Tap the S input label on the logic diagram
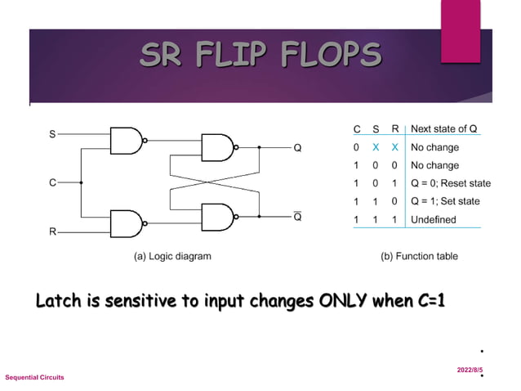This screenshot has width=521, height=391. click(52, 133)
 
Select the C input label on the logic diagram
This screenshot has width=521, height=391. click(52, 182)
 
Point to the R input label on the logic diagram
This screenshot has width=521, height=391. click(52, 232)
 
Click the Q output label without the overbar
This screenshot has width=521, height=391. click(298, 149)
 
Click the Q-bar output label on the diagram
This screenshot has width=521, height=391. click(298, 218)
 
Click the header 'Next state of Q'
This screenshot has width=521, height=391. click(443, 129)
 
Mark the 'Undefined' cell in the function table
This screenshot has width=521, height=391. click(434, 220)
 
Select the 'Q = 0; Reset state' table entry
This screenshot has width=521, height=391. click(451, 183)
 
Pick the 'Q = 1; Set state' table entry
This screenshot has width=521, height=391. click(445, 201)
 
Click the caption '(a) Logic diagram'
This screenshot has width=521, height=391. click(172, 256)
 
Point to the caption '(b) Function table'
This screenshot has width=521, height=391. click(419, 256)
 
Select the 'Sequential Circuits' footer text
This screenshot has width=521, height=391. click(34, 377)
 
